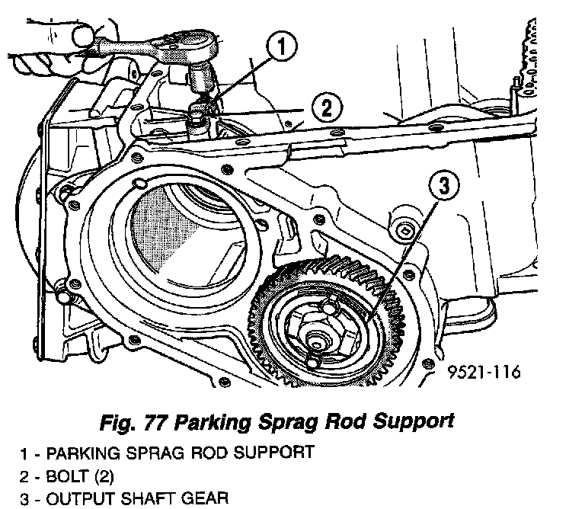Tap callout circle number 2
pos(324,107)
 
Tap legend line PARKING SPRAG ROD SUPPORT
pos(167,453)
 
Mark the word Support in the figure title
pos(417,421)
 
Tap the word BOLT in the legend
pos(66,476)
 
